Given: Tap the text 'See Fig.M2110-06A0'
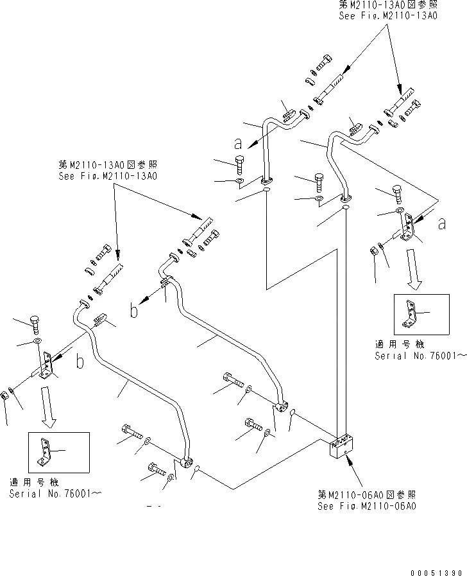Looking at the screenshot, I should coord(367,506).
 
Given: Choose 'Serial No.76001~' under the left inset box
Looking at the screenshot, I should coord(55,493).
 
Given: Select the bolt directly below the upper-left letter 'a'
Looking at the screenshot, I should coord(240,164).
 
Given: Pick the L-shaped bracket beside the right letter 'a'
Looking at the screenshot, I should coord(406,229).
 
